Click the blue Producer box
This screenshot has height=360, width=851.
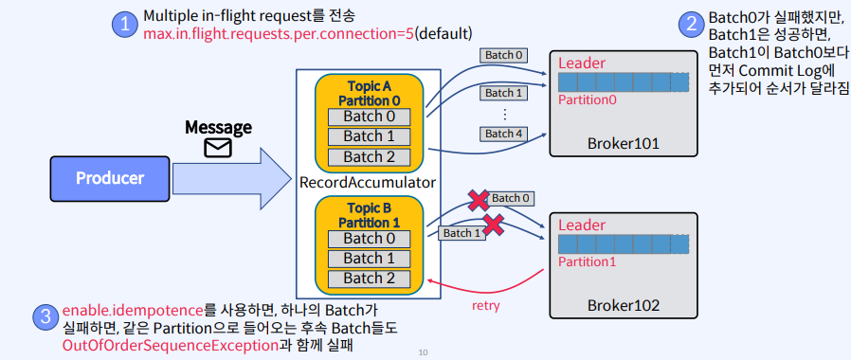click(110, 178)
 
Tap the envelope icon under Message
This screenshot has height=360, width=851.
click(218, 148)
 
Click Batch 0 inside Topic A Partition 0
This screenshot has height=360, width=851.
click(369, 117)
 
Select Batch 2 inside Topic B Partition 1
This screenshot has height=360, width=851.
click(369, 278)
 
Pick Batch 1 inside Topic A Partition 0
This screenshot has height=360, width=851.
click(369, 136)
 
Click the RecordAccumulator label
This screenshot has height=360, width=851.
click(367, 181)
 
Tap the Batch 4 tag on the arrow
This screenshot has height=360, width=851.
click(504, 134)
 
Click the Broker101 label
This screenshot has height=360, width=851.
click(623, 144)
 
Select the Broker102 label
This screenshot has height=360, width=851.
click(623, 305)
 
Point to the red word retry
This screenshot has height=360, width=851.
click(486, 306)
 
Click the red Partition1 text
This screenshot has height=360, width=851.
click(586, 261)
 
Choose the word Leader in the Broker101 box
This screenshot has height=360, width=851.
click(582, 63)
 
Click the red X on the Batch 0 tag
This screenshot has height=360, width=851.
click(479, 201)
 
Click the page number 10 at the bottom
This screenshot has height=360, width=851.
click(423, 352)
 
